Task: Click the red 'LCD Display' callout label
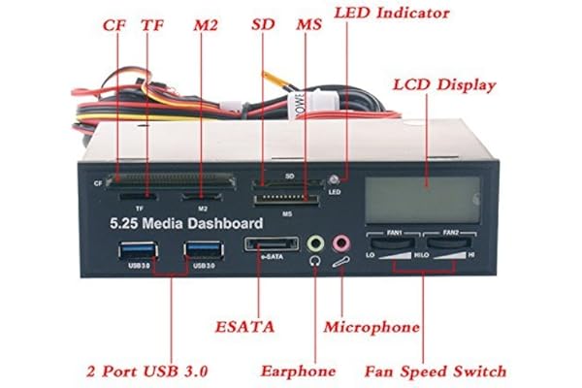444,84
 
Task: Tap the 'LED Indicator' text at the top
391,14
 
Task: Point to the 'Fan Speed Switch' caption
436,371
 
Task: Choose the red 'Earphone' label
298,371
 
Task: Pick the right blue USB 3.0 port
203,251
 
